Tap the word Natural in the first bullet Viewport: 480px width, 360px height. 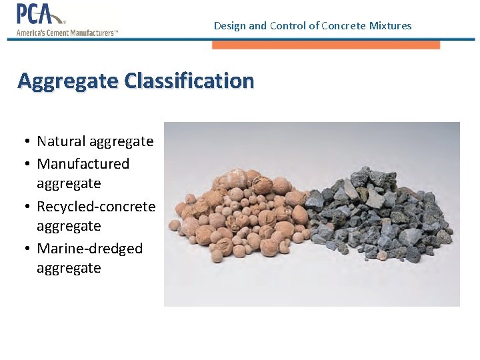coord(61,141)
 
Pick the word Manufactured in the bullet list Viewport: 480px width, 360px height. coord(83,163)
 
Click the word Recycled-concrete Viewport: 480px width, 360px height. coord(96,207)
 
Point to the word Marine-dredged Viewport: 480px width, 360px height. coord(90,249)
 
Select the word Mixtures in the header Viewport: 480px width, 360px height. coord(390,26)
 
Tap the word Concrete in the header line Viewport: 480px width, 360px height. coord(343,26)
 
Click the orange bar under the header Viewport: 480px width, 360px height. coord(326,45)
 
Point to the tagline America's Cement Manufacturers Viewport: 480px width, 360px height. coord(67,33)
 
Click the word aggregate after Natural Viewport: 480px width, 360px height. coord(121,142)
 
